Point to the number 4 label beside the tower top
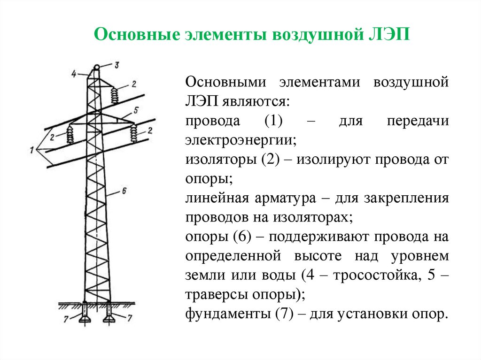click(x=74, y=73)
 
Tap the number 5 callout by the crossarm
click(x=135, y=111)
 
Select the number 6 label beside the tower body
click(x=124, y=191)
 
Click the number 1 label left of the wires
click(x=31, y=150)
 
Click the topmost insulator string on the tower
click(x=114, y=96)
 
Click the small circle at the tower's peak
click(x=97, y=68)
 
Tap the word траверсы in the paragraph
click(x=213, y=294)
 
